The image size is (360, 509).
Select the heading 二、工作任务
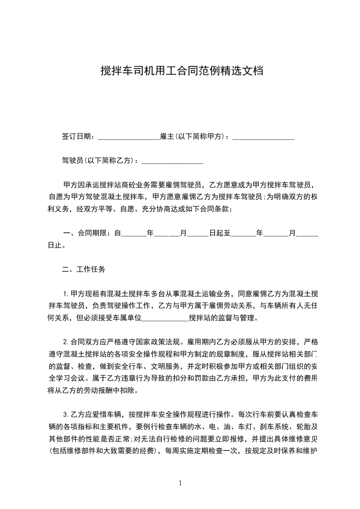[x=84, y=269]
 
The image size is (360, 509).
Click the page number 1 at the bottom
[x=180, y=483]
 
